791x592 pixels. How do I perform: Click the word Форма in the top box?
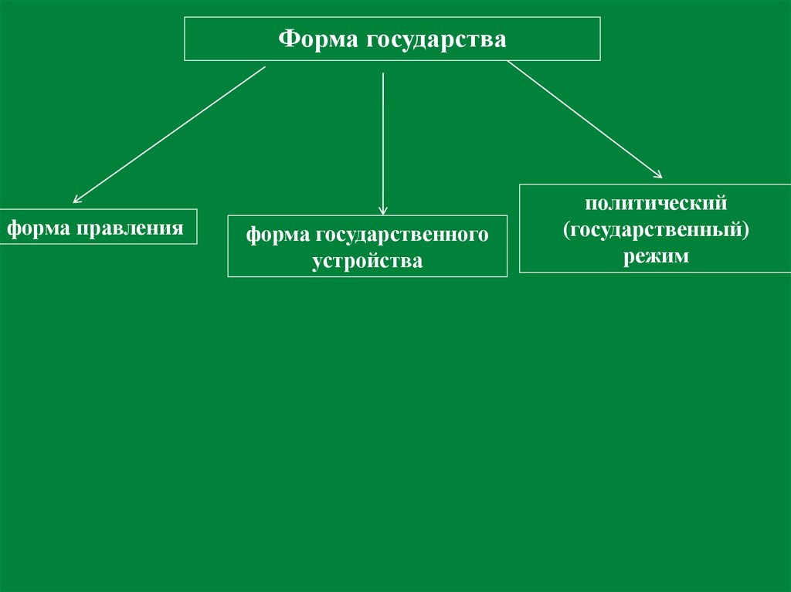pos(314,39)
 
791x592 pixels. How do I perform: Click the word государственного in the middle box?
pos(400,235)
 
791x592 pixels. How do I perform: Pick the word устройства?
pos(368,261)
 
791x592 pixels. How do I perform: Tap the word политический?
pos(656,205)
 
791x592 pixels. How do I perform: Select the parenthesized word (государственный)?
pos(656,230)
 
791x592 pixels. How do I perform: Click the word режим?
pos(656,256)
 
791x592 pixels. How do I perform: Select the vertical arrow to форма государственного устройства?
pos(383,139)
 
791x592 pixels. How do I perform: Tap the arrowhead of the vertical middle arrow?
pos(383,209)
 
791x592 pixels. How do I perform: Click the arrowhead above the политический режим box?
pos(657,174)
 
